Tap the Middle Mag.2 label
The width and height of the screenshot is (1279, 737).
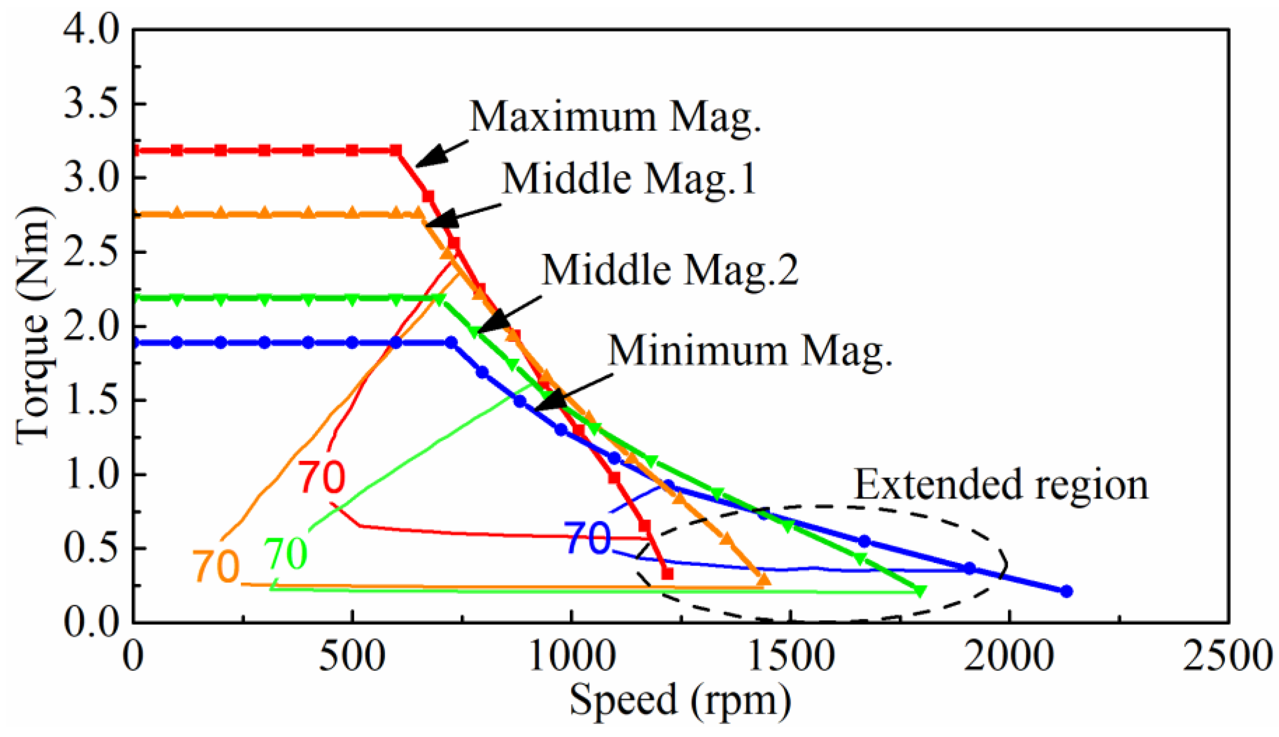(x=669, y=271)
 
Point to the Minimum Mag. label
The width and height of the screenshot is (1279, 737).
(x=750, y=351)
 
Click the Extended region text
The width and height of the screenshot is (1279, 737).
(x=1001, y=485)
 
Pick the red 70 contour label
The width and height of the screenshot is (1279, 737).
(x=322, y=477)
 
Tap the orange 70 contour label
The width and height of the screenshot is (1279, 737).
(x=215, y=566)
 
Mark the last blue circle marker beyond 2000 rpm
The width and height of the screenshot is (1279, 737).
(x=1066, y=591)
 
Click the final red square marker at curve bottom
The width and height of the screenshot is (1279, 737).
(x=668, y=574)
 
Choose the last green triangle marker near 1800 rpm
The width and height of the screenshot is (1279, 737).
(x=920, y=591)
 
